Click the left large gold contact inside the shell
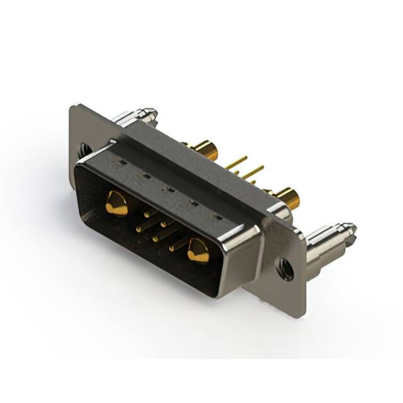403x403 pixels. (x=116, y=203)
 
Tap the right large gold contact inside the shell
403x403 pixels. (x=198, y=251)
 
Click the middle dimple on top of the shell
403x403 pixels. (x=169, y=188)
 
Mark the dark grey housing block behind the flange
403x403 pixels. (x=189, y=151)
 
